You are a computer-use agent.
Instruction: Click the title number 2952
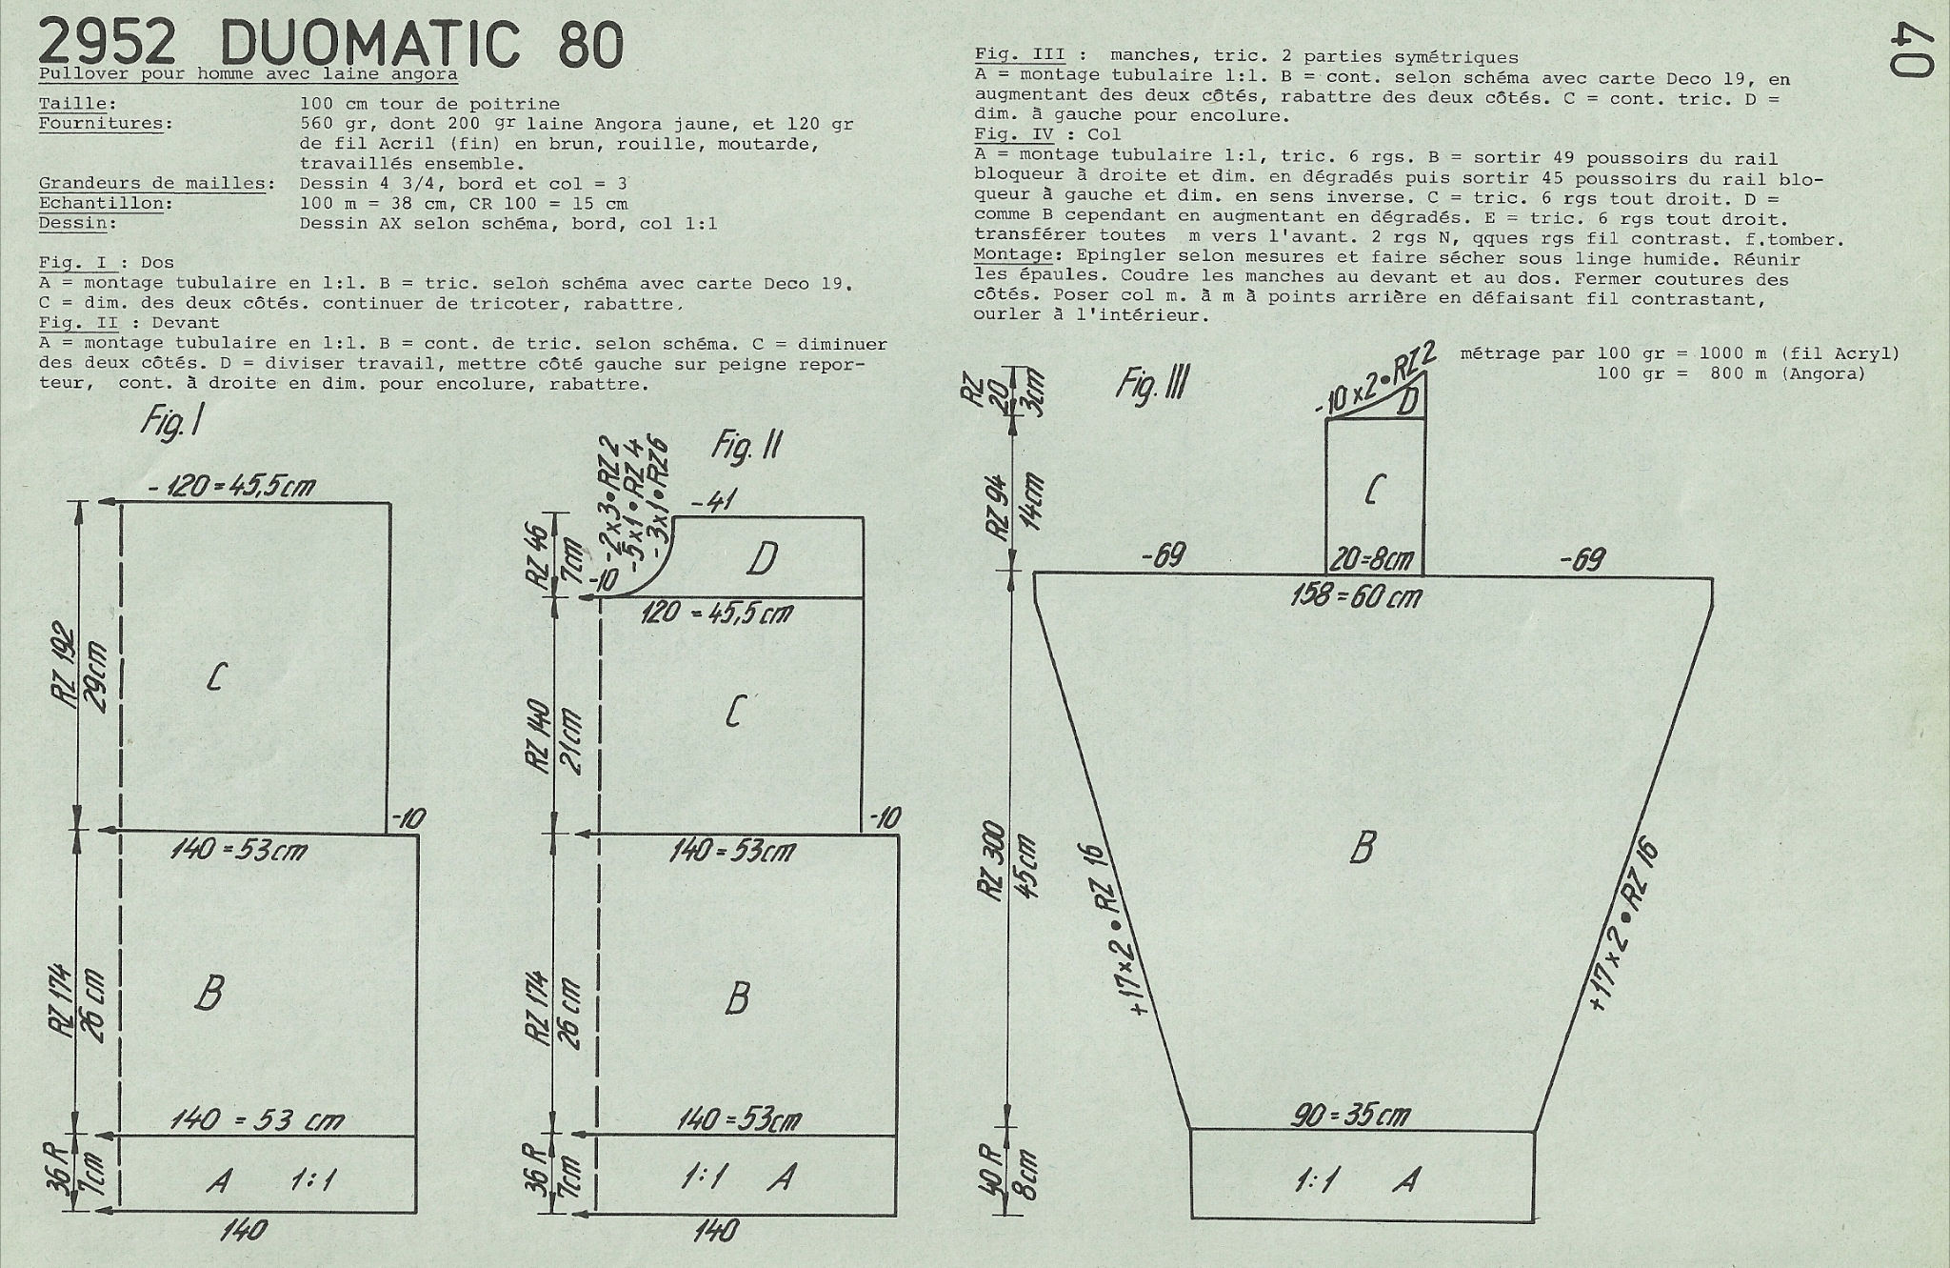[x=107, y=43]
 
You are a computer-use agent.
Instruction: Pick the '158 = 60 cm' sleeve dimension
[x=1357, y=596]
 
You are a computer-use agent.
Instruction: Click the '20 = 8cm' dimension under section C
[x=1372, y=559]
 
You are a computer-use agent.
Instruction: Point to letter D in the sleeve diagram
[x=1408, y=401]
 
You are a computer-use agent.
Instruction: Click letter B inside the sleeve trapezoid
[x=1363, y=847]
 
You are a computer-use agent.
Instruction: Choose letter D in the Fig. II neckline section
[x=762, y=559]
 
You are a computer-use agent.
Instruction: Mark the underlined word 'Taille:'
[x=79, y=104]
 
